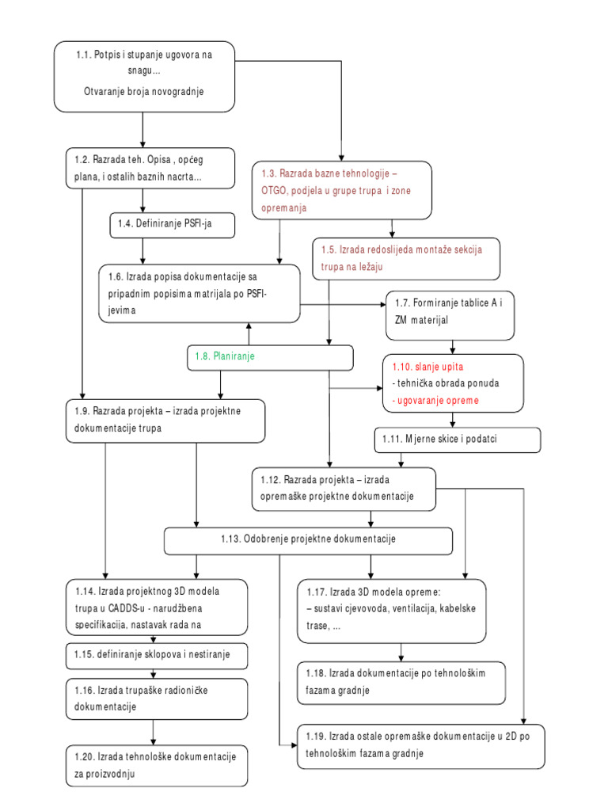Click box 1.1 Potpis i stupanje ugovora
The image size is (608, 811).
click(144, 76)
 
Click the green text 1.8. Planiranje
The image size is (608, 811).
click(225, 357)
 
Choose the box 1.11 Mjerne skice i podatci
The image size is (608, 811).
click(457, 439)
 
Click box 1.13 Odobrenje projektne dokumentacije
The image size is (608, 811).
click(308, 539)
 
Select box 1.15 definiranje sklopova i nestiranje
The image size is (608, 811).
click(158, 656)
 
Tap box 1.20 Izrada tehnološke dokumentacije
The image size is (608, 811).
click(151, 765)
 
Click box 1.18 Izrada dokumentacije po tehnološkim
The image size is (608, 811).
click(401, 681)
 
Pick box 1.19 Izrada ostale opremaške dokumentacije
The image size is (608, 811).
click(420, 745)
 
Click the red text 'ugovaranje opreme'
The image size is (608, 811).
click(435, 401)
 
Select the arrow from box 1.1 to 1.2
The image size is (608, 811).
click(143, 128)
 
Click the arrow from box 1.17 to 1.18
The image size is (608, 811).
click(401, 653)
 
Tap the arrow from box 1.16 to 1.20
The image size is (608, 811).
click(152, 729)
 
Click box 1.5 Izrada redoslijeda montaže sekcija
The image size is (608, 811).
click(406, 258)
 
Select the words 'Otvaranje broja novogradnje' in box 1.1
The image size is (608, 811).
click(144, 91)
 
